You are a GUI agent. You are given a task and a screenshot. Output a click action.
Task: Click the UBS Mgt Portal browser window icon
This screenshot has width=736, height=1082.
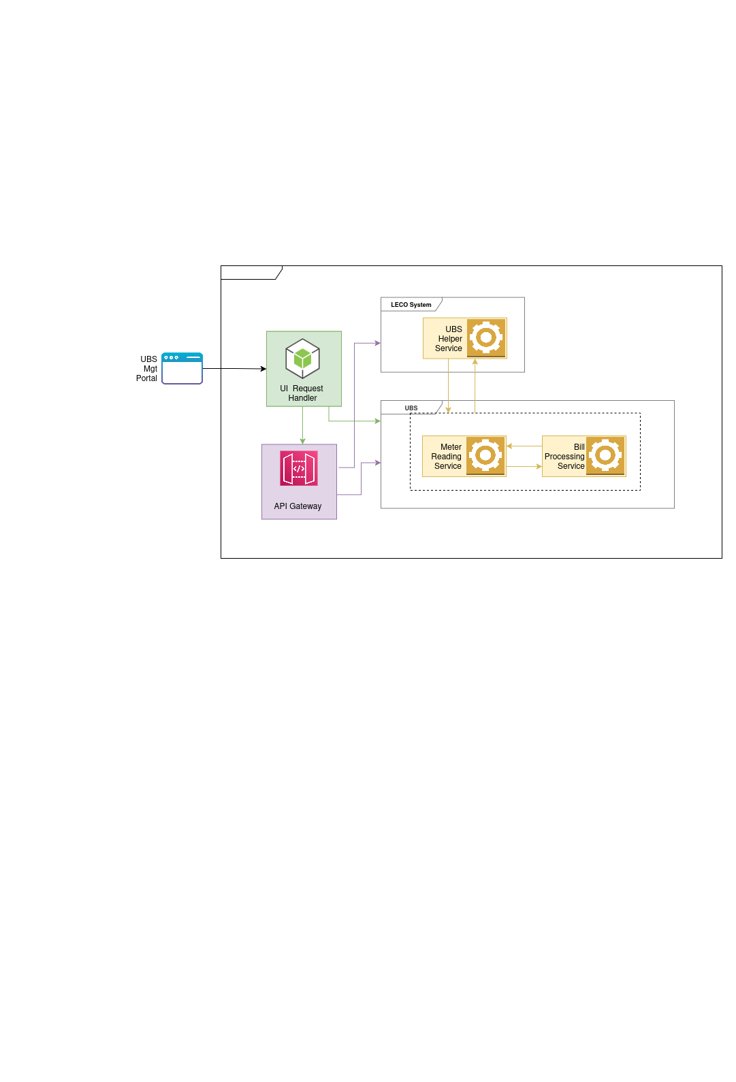point(182,368)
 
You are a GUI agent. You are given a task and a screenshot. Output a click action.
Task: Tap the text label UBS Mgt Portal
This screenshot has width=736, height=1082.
point(147,369)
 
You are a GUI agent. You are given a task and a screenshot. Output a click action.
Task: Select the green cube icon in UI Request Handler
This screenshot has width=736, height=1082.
point(302,359)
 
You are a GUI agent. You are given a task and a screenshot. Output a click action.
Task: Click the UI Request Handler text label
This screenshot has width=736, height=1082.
point(302,393)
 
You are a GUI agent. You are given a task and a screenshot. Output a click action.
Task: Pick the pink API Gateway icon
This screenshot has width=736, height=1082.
point(299,468)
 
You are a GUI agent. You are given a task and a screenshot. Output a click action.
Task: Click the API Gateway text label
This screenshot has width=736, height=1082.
point(298,506)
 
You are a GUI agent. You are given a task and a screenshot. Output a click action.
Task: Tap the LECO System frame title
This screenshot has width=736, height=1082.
point(411,305)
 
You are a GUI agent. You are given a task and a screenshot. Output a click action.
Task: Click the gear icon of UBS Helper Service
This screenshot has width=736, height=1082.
point(486,338)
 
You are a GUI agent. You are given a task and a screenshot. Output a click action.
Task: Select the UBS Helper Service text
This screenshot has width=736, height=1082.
point(449,339)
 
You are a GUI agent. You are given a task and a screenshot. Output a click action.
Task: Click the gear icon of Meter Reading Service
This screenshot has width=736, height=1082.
point(485,455)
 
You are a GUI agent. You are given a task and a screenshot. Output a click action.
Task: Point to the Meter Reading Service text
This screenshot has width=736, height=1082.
point(447,457)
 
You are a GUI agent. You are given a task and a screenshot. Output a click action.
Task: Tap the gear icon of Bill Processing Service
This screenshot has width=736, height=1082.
point(605,455)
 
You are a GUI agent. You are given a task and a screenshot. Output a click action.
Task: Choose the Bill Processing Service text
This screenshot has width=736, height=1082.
point(564,457)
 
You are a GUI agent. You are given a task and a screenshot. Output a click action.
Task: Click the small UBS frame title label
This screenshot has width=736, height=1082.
point(411,408)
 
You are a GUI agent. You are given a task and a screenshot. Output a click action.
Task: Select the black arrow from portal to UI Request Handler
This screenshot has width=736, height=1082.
point(234,369)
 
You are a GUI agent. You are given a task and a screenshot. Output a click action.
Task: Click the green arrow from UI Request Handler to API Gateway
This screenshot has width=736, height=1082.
point(302,425)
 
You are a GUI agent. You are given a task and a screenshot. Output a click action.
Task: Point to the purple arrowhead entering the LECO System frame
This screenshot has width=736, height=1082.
point(378,344)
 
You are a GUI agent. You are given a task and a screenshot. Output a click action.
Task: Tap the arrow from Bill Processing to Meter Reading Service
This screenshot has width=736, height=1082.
point(524,446)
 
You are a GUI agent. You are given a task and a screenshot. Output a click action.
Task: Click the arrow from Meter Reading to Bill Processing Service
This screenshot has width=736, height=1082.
point(524,467)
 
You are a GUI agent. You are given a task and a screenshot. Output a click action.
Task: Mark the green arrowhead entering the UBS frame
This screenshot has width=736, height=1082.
point(378,421)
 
